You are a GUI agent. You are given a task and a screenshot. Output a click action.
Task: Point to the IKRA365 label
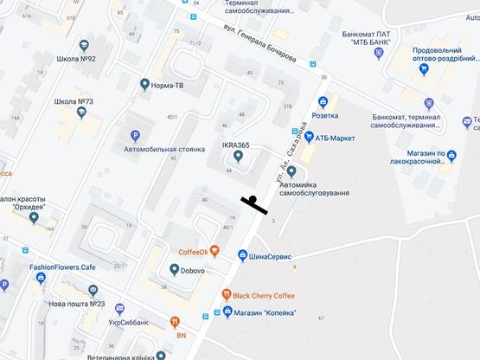tap(236, 145)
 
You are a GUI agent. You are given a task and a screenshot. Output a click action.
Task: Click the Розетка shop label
tap(325, 115)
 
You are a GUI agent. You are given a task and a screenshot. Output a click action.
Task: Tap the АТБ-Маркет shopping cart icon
tap(306, 137)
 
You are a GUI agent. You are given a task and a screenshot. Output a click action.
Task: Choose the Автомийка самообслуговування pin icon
tap(291, 170)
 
